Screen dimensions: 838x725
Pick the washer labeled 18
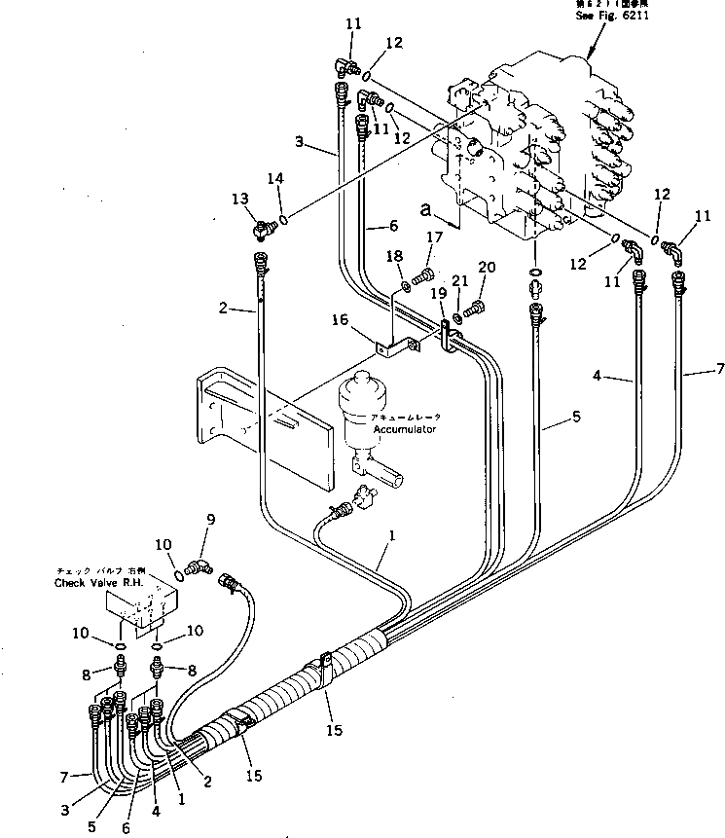tap(406, 286)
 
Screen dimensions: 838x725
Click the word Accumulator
tap(404, 428)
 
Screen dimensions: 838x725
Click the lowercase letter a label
tap(425, 208)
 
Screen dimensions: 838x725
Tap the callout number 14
tap(279, 179)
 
